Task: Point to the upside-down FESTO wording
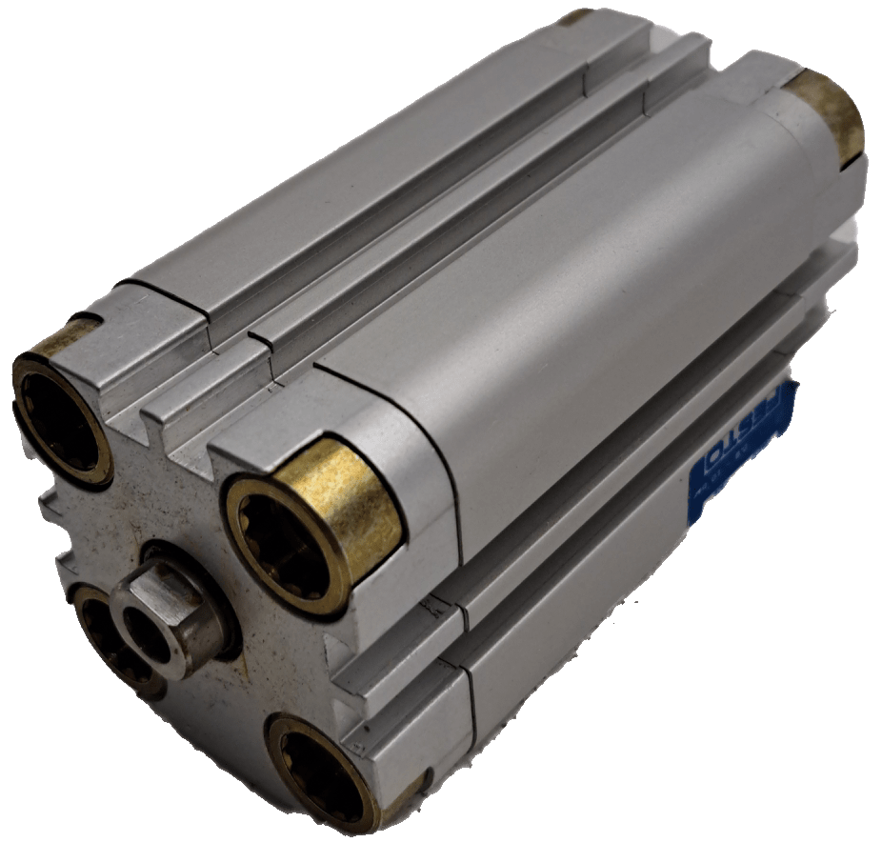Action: tap(752, 429)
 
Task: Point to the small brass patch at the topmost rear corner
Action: tap(575, 17)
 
